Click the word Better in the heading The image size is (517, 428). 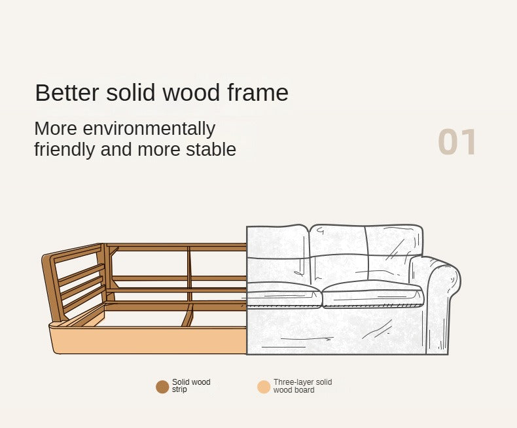coord(67,93)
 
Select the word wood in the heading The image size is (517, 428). coord(191,93)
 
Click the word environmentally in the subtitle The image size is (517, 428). coord(149,129)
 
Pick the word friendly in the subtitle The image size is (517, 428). coord(64,150)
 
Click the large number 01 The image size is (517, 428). coord(457,142)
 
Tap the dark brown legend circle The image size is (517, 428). coord(162,387)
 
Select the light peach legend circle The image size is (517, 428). coord(264,387)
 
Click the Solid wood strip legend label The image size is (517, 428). coord(191,386)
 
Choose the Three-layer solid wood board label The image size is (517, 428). coord(303,386)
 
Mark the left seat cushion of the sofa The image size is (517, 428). coord(283,294)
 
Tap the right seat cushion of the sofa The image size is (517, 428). coord(372,294)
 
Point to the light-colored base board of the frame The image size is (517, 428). coord(149,340)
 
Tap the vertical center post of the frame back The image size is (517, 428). coord(189,274)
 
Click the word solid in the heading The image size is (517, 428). coord(131,93)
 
